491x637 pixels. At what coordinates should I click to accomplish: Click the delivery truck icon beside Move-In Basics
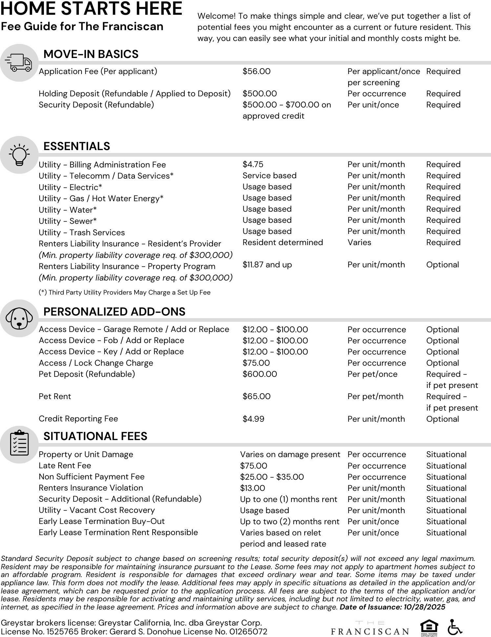click(19, 63)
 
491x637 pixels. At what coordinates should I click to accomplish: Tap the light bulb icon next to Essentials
click(19, 155)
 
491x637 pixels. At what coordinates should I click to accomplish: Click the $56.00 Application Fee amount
click(256, 71)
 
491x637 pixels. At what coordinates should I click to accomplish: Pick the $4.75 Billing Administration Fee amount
click(253, 164)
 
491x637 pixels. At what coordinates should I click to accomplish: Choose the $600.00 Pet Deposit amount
click(260, 374)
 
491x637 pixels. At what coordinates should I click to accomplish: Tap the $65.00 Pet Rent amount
click(256, 396)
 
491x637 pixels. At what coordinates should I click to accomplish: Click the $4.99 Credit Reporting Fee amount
click(253, 419)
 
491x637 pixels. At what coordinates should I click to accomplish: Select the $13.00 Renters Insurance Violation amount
click(252, 488)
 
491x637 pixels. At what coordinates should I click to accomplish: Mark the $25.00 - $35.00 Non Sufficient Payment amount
click(272, 477)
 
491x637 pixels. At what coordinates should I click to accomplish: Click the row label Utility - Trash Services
click(82, 233)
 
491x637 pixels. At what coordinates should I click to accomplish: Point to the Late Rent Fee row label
click(65, 466)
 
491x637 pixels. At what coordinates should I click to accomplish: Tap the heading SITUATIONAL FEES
click(95, 436)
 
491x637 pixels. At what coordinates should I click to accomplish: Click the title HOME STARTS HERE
click(91, 9)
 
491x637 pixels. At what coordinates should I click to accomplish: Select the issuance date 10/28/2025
click(425, 607)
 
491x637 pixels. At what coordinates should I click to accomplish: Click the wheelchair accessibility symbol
click(455, 627)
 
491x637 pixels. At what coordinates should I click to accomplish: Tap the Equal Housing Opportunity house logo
click(429, 627)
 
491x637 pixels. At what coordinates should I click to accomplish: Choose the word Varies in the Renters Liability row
click(359, 242)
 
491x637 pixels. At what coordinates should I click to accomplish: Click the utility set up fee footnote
click(124, 293)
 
